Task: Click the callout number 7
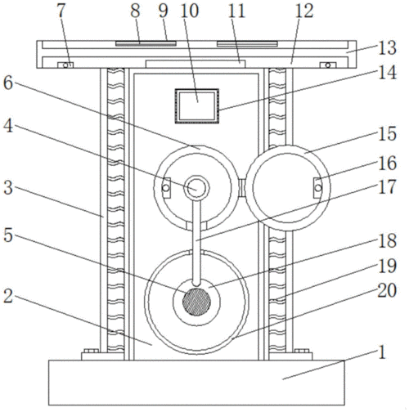61,11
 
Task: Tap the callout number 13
387,48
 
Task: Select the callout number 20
387,290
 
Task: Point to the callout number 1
382,352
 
